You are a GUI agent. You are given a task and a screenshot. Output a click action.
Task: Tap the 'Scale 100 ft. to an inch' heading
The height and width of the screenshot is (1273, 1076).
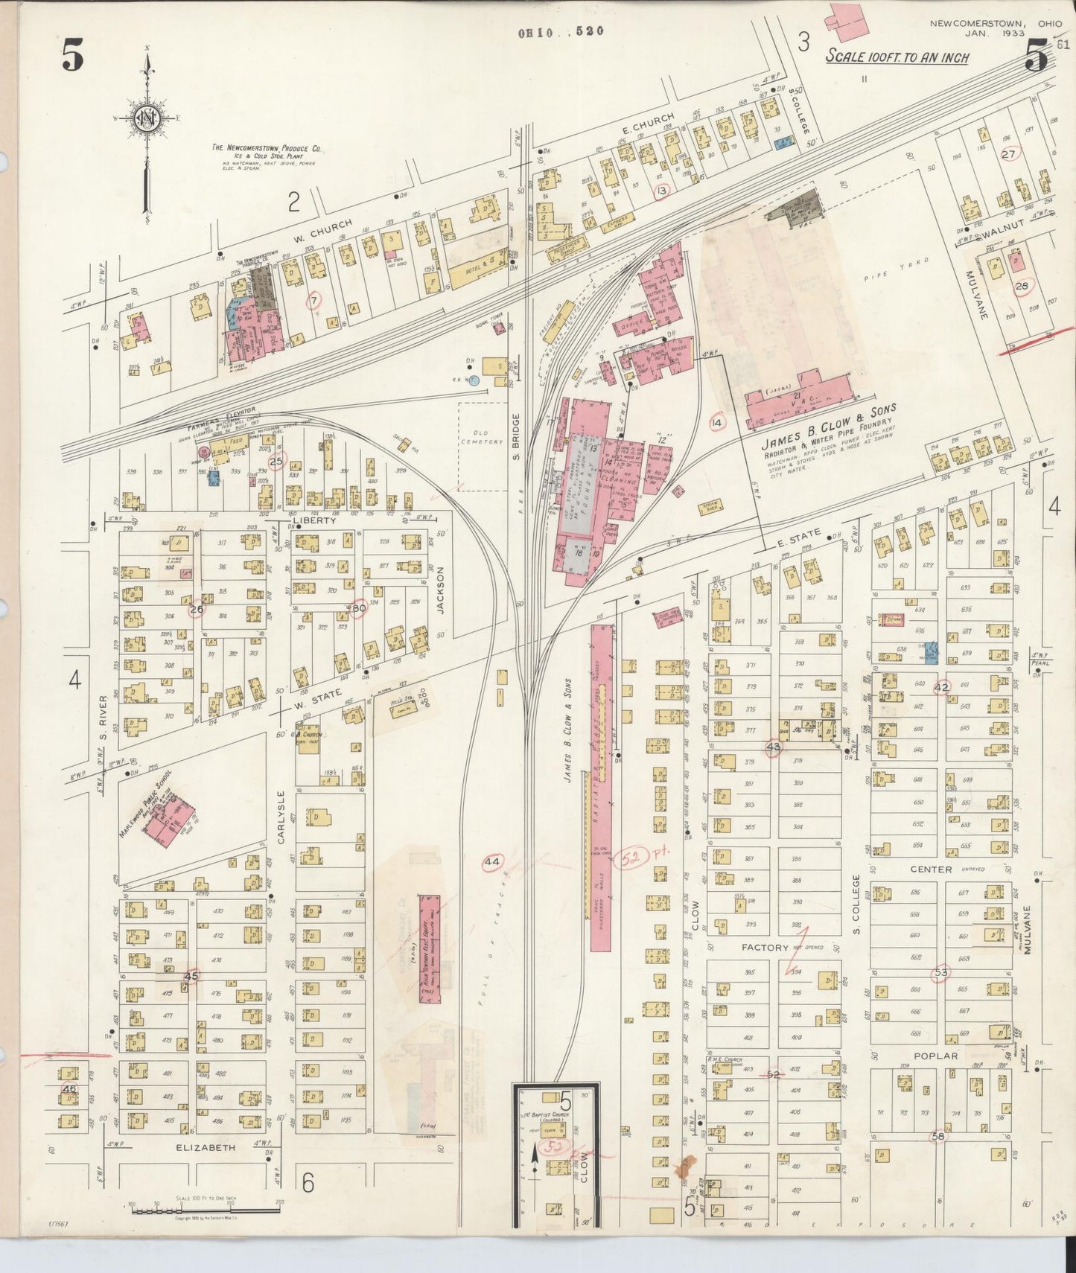[x=897, y=57]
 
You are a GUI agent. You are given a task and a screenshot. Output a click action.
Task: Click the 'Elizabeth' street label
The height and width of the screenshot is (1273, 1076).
[x=206, y=1147]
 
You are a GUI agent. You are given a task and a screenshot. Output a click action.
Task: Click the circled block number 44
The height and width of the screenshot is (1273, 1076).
[x=491, y=862]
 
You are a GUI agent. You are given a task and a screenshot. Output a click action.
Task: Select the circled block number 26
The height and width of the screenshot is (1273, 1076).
[x=197, y=609]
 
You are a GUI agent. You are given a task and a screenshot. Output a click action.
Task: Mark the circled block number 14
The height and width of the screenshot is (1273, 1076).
[x=716, y=423]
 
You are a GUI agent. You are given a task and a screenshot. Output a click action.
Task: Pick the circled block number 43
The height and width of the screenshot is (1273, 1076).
[x=774, y=747]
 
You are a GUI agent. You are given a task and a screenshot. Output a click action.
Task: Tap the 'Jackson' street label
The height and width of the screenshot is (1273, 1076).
[x=440, y=590]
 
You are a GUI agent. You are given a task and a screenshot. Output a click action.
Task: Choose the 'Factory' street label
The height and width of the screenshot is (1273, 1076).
[x=765, y=948]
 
